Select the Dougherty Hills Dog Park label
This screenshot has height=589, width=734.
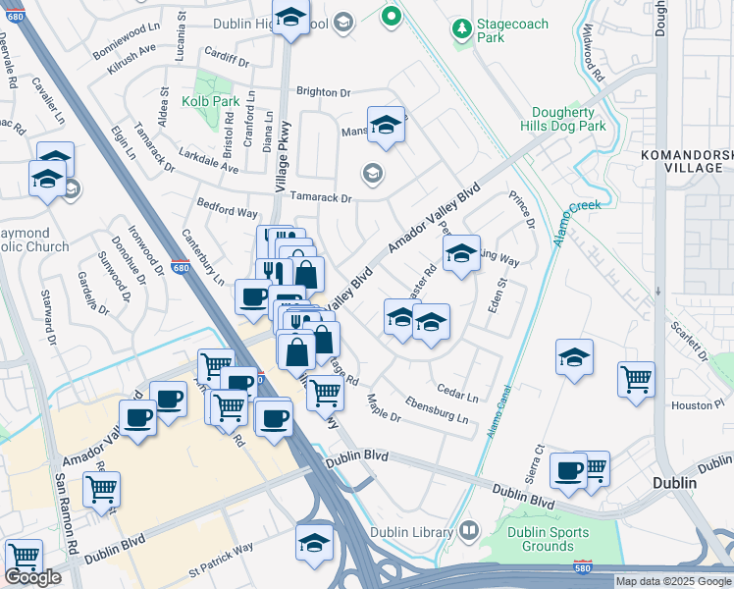coord(563,120)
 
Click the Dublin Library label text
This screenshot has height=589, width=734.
coord(410,532)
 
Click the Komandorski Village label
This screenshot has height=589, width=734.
coord(693,161)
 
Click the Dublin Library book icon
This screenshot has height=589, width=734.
coord(469,532)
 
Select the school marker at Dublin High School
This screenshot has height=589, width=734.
coord(290,18)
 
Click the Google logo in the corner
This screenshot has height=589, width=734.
coord(32,577)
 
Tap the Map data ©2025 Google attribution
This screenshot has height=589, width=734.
coord(673,581)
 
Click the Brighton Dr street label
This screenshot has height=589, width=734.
coord(323,92)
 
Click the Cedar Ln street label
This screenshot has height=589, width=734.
coord(457,397)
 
